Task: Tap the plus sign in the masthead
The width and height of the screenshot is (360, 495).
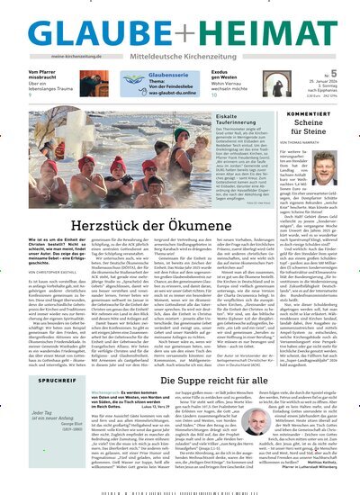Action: pyautogui.click(x=180, y=26)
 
